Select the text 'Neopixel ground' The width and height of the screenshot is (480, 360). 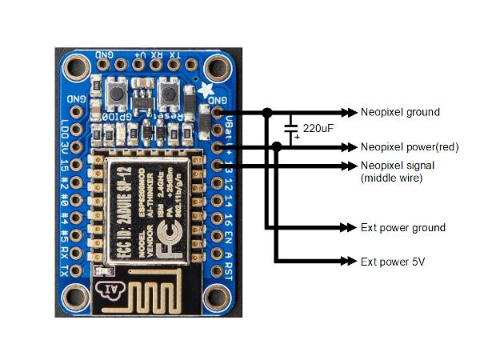[x=400, y=112]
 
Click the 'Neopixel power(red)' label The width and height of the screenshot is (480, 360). [x=407, y=146]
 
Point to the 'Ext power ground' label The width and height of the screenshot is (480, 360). [x=402, y=228]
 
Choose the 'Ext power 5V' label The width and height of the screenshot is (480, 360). [x=393, y=262]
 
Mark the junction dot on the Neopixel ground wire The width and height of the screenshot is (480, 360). [x=267, y=112]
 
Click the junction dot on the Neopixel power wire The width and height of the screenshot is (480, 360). [x=277, y=146]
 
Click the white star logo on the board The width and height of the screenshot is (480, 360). [x=208, y=90]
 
